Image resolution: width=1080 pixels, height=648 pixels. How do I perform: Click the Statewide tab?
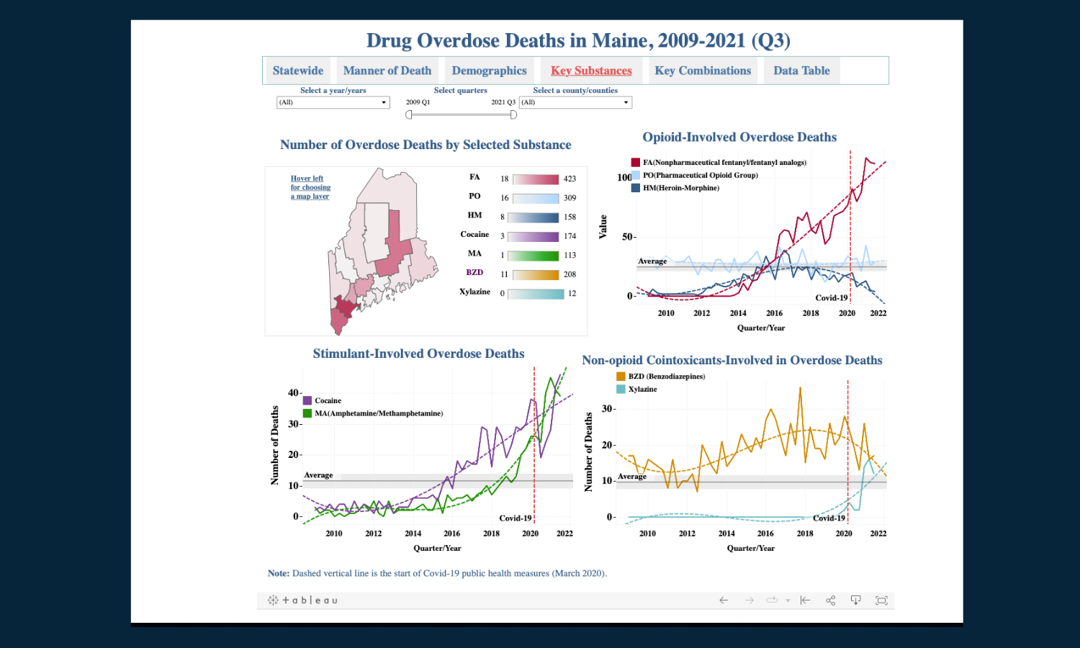pyautogui.click(x=298, y=71)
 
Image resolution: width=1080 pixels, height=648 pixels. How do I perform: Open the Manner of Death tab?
pyautogui.click(x=387, y=71)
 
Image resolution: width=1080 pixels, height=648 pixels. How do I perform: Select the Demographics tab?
pyautogui.click(x=489, y=71)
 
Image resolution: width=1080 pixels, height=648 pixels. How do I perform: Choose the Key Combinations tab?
pyautogui.click(x=703, y=71)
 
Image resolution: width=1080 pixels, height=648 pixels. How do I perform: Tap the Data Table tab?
pyautogui.click(x=801, y=71)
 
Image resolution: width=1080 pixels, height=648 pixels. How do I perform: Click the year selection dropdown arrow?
pyautogui.click(x=384, y=102)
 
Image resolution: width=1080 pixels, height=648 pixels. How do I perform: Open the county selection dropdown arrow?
pyautogui.click(x=626, y=102)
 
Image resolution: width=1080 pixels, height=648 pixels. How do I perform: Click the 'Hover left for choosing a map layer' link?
pyautogui.click(x=310, y=187)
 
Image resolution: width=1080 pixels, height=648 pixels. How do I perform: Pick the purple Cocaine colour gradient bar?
pyautogui.click(x=534, y=237)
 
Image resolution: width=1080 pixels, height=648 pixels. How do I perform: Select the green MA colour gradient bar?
pyautogui.click(x=534, y=256)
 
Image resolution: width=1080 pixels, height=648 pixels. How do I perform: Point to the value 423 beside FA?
pyautogui.click(x=570, y=179)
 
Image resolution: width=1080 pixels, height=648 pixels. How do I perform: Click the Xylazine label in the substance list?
pyautogui.click(x=474, y=292)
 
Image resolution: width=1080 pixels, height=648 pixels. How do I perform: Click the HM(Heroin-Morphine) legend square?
pyautogui.click(x=636, y=188)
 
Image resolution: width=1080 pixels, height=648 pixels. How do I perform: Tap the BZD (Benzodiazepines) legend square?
pyautogui.click(x=621, y=377)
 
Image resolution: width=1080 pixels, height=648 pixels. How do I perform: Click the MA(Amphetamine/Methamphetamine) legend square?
pyautogui.click(x=307, y=413)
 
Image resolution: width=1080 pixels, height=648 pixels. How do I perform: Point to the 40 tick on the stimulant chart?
pyautogui.click(x=293, y=393)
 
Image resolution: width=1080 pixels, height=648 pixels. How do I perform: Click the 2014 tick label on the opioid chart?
pyautogui.click(x=738, y=313)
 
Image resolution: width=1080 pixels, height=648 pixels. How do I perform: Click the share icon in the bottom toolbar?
pyautogui.click(x=830, y=600)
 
